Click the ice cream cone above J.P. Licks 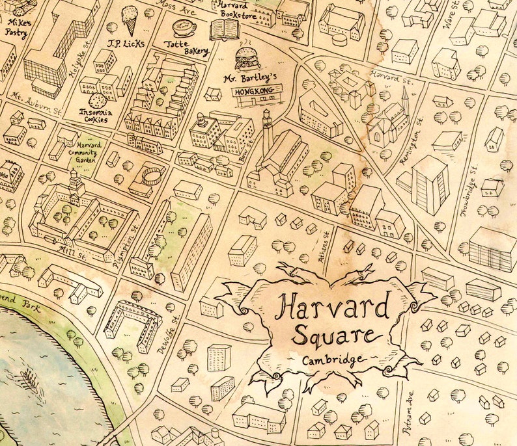(x=131, y=20)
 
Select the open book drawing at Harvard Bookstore (x=225, y=29)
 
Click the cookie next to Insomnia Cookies (x=98, y=101)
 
